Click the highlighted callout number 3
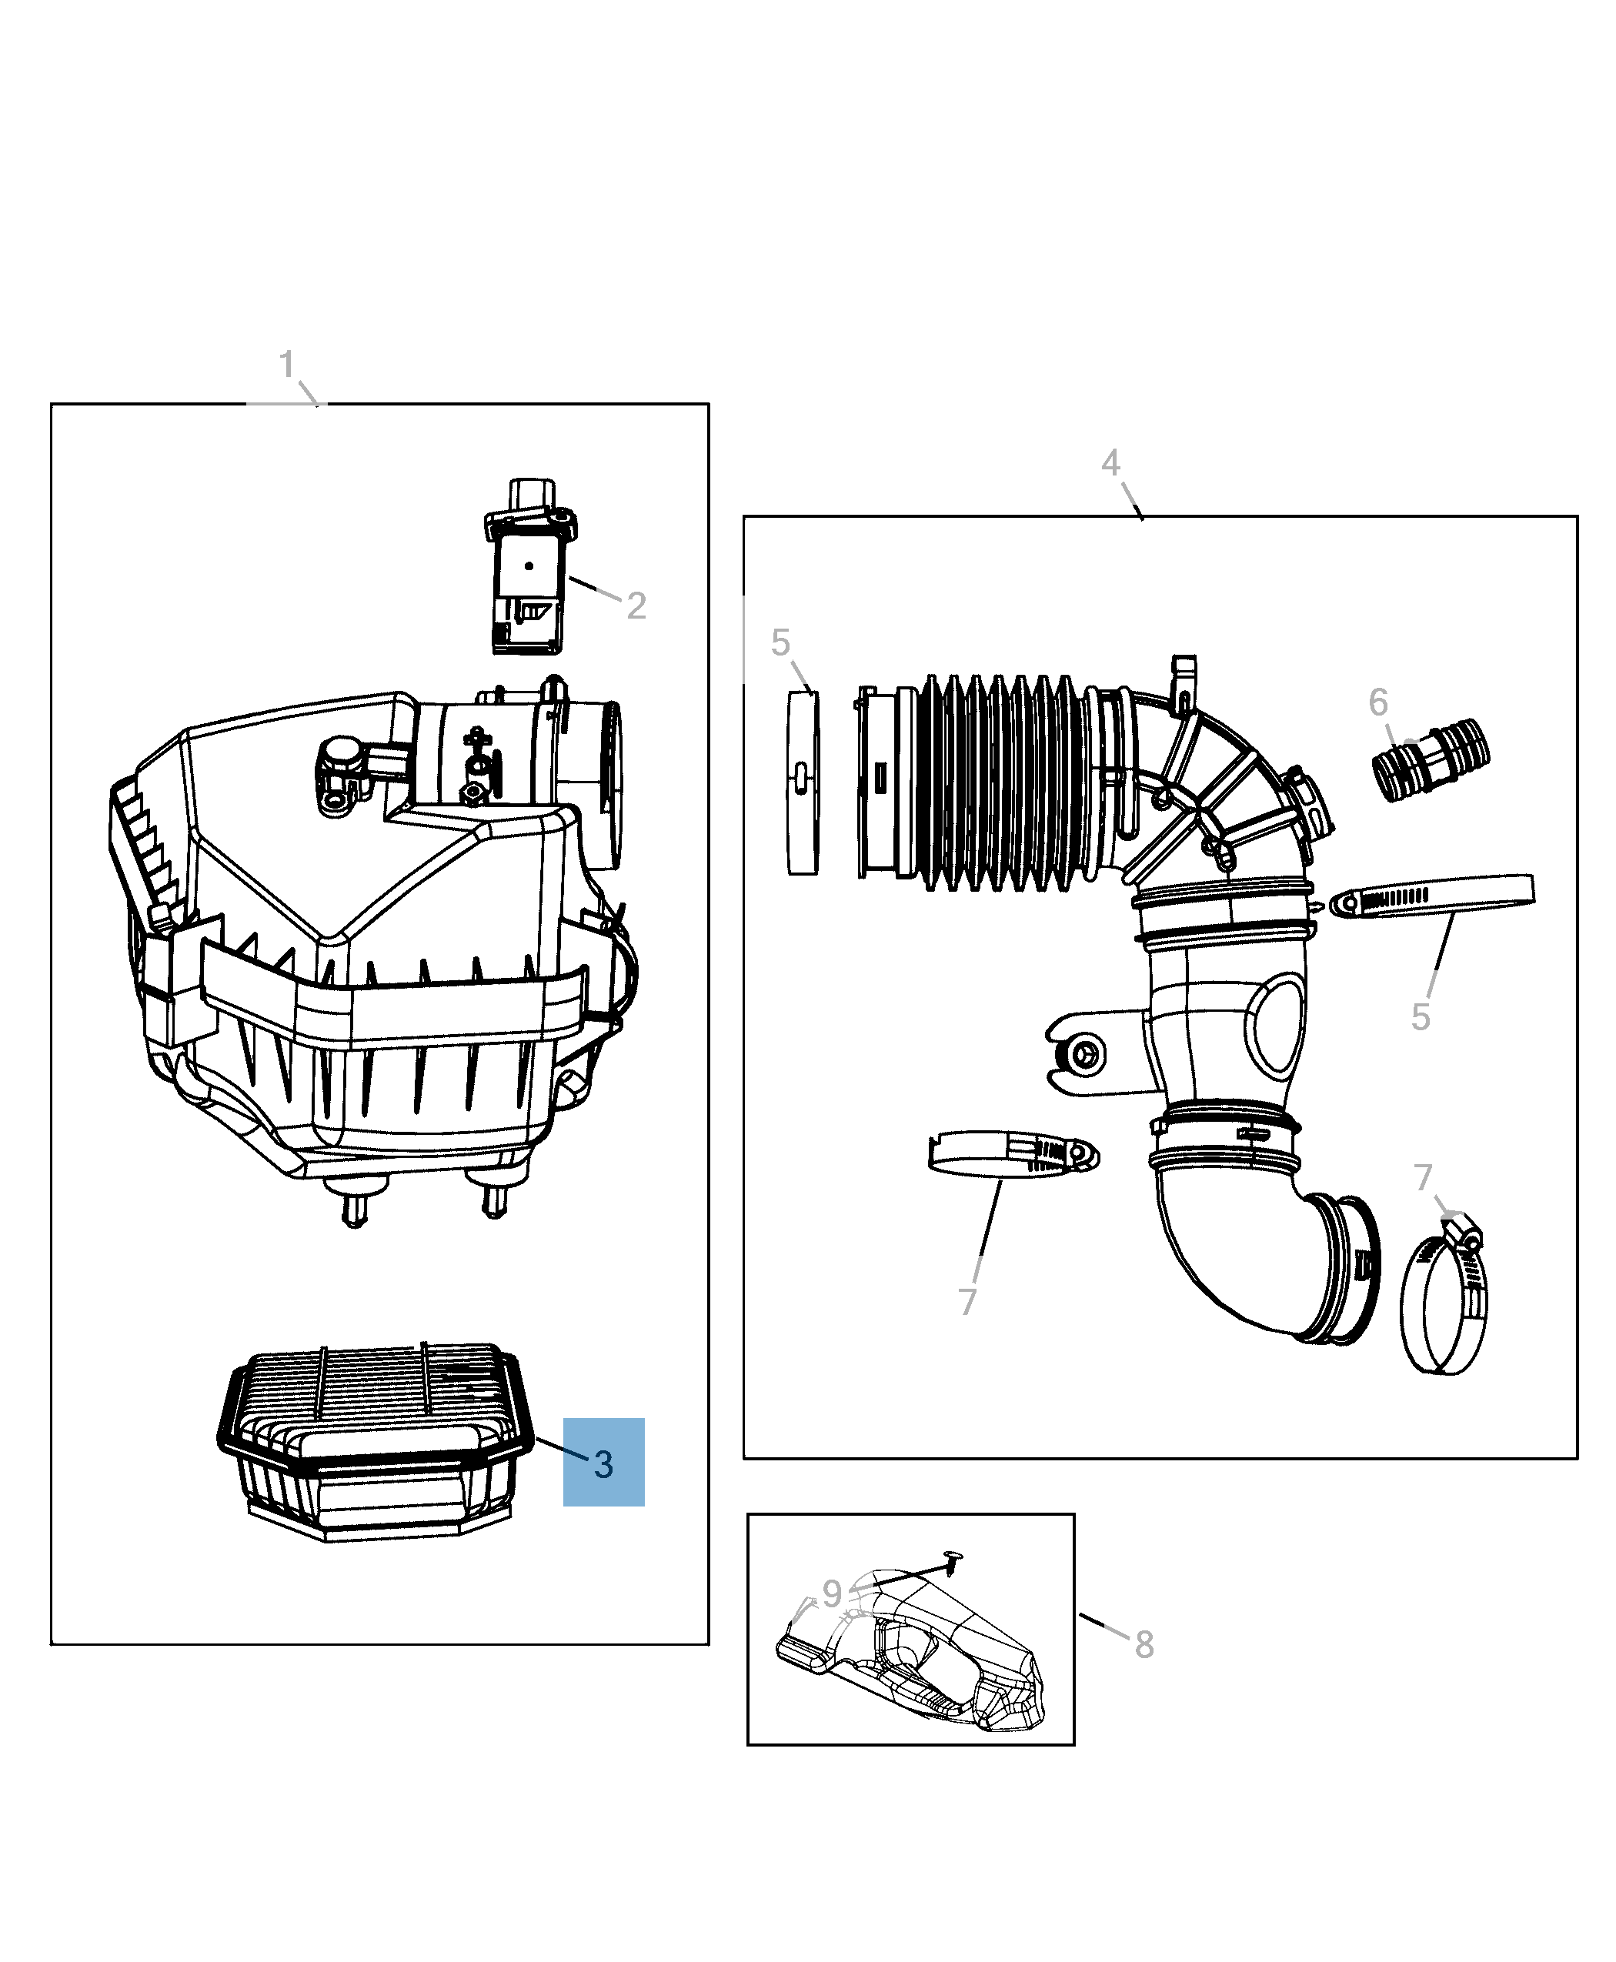click(x=603, y=1464)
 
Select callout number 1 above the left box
click(x=287, y=365)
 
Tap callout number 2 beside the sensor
click(x=636, y=606)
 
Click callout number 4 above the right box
click(x=1110, y=462)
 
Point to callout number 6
click(x=1377, y=702)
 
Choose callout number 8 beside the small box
click(x=1144, y=1645)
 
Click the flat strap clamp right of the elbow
click(x=1434, y=896)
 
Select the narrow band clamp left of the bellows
click(x=803, y=782)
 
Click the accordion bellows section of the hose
click(x=996, y=782)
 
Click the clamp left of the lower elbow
click(x=1013, y=1154)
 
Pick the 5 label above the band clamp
click(x=780, y=642)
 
